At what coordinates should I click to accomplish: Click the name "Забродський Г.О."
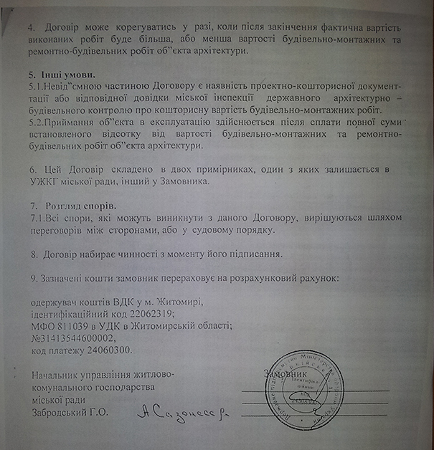click(x=70, y=412)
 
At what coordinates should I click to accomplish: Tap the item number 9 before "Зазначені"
click(x=34, y=277)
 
